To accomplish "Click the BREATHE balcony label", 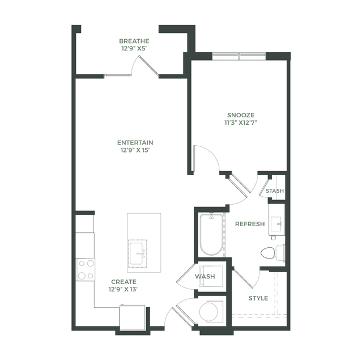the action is click(134, 41).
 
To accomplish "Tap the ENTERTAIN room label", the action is click(135, 142).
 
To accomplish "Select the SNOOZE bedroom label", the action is click(241, 115).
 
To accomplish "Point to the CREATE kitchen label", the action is click(123, 282).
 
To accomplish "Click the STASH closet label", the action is click(275, 191).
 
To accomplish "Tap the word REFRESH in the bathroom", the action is click(250, 224).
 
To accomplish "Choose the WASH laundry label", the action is click(205, 276).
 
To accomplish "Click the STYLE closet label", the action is click(258, 298).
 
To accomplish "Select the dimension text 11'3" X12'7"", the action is click(241, 122).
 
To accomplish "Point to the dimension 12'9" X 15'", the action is click(135, 150).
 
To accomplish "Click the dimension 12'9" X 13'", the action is click(123, 289).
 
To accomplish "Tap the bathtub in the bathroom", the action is click(211, 235).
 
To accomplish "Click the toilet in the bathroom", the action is click(273, 253).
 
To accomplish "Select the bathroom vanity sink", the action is click(276, 224).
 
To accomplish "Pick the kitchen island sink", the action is click(137, 253).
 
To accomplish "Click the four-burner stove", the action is click(86, 269).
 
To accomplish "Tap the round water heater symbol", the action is click(208, 312).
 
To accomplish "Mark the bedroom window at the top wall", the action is click(239, 56).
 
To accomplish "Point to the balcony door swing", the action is click(144, 65).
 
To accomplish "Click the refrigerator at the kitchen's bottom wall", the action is click(133, 317).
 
